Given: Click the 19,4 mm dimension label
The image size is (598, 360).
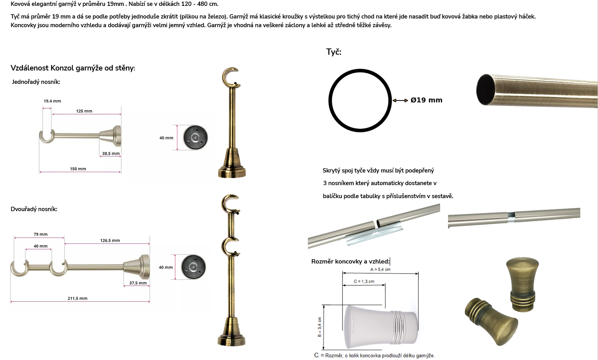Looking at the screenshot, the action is (x=52, y=101).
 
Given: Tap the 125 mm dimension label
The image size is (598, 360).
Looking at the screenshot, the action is (x=84, y=111).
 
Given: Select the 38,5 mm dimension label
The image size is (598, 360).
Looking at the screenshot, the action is (x=111, y=154).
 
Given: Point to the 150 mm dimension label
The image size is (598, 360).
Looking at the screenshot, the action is (x=78, y=169).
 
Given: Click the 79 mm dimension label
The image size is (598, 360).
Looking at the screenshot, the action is (x=41, y=234).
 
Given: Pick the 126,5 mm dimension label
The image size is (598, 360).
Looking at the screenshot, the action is (x=110, y=240).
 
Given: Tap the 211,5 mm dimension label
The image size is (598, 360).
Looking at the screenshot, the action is (x=78, y=298).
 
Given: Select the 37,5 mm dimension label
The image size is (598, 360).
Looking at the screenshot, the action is (x=138, y=283).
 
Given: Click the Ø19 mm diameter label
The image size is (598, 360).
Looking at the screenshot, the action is (x=426, y=100).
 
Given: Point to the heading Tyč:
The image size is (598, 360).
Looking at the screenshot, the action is (x=334, y=52).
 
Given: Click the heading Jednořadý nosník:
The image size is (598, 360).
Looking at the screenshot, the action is (x=36, y=82).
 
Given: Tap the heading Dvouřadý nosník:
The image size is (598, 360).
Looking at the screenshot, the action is (x=34, y=209).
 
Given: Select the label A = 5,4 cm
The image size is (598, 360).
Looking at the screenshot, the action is (x=380, y=269).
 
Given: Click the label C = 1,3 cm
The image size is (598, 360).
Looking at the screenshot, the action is (x=364, y=281).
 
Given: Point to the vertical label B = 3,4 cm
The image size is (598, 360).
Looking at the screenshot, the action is (x=320, y=327).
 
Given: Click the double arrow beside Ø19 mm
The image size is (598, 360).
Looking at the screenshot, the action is (x=400, y=100).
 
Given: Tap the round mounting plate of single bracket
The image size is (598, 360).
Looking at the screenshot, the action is (x=195, y=137).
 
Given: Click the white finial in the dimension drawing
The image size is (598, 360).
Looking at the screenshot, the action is (x=381, y=327).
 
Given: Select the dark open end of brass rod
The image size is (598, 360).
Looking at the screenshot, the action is (x=485, y=89).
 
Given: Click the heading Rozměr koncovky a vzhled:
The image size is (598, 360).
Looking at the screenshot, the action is (x=350, y=262).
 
